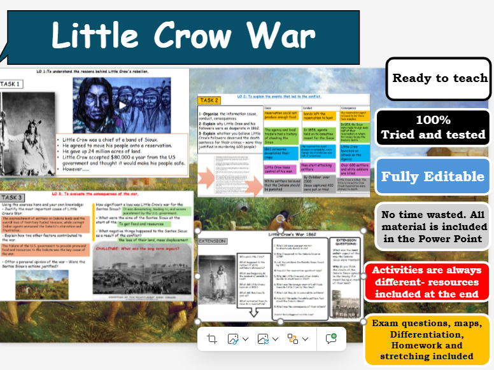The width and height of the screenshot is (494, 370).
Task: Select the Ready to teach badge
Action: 439,79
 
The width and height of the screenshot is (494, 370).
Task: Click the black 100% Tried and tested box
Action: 433,127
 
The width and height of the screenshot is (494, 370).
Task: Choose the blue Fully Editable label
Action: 433,176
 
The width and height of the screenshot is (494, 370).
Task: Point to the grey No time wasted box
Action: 433,226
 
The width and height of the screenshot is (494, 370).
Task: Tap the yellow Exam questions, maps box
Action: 431,339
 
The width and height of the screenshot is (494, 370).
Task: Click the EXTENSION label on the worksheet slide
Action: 212,242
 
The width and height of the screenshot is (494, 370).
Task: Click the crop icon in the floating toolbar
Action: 212,339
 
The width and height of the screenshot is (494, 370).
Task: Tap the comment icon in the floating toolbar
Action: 330,339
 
